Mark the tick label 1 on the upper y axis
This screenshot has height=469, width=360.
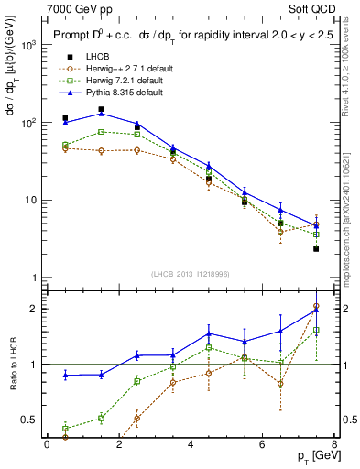[x=35, y=278]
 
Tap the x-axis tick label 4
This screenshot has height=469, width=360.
[x=191, y=445]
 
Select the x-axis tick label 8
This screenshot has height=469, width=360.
[x=333, y=445]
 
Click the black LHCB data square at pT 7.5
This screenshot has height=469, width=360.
[x=316, y=248]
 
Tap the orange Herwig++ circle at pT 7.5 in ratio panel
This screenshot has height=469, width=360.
[x=316, y=307]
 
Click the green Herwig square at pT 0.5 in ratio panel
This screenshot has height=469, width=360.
[x=65, y=428]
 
